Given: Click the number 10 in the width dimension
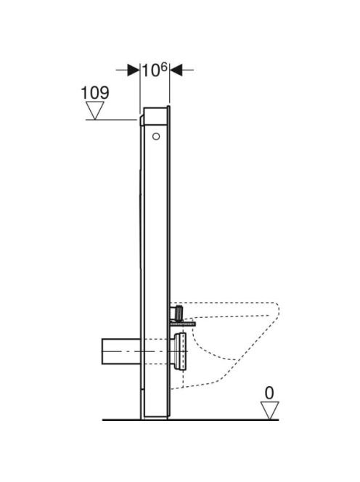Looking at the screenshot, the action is (x=151, y=71).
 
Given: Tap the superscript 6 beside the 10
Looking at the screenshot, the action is (x=164, y=67).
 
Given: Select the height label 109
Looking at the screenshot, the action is (x=94, y=92).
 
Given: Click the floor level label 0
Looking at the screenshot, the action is (x=269, y=393).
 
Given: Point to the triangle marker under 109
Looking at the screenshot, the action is (x=94, y=110).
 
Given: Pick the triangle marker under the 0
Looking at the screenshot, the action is (x=269, y=410).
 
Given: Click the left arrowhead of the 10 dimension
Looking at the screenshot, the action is (x=134, y=70).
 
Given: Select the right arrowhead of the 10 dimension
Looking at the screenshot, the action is (x=176, y=70).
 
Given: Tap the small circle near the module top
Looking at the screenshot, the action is (x=156, y=136).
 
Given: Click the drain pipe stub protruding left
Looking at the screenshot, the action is (x=121, y=351).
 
